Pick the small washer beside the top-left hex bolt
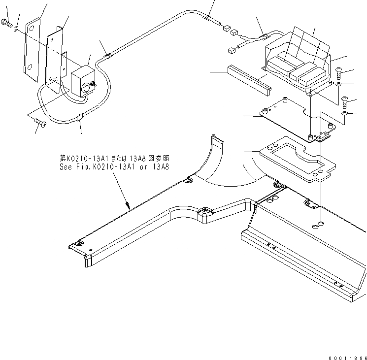point(17,29)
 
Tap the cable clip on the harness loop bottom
point(80,119)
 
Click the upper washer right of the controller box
point(339,86)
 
